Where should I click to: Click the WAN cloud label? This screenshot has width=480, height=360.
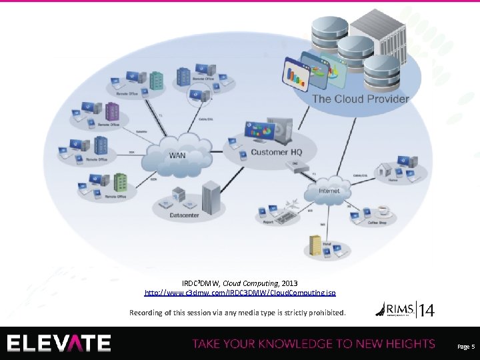point(177,155)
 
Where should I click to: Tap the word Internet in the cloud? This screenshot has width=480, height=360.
point(329,191)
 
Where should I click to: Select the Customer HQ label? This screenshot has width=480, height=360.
point(276,153)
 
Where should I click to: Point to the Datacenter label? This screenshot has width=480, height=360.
point(183,215)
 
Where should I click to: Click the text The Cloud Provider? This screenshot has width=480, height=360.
point(361,99)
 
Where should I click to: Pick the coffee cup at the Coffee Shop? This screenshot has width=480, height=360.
point(383,211)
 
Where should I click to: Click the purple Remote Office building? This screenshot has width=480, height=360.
point(101,145)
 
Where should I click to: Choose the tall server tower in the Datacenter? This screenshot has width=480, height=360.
point(211,195)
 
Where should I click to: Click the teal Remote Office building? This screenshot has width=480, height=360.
point(157,80)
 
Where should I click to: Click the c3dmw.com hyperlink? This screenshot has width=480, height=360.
point(240,293)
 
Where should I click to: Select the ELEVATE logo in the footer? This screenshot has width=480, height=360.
point(59,343)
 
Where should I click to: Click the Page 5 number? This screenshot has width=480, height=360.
point(465,346)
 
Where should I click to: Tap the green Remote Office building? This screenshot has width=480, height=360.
point(121,182)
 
